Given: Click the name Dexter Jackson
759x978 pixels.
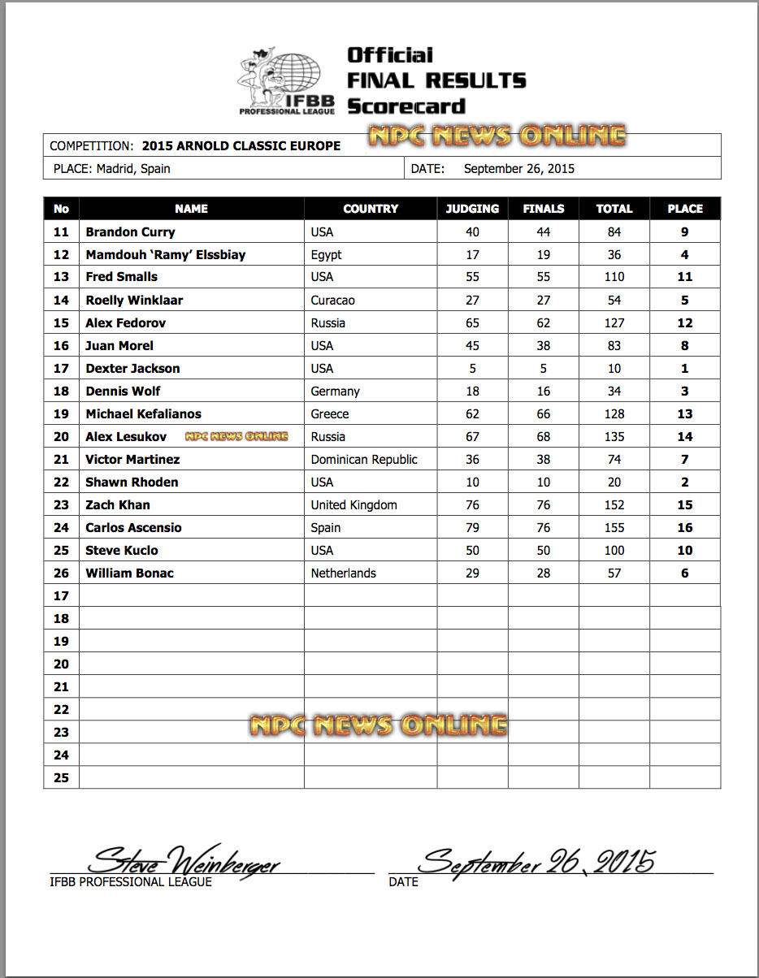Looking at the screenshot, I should tap(132, 368).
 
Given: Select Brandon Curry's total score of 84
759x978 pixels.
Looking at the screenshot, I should tap(614, 232).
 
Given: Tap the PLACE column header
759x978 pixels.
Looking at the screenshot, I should tap(684, 209).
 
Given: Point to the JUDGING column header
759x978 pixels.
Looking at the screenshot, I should tap(472, 209).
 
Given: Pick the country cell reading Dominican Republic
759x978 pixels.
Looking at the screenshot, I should tap(364, 459).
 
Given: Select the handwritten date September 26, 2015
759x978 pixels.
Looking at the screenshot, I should tap(537, 860).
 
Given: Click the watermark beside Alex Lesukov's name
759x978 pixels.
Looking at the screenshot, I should tap(236, 436).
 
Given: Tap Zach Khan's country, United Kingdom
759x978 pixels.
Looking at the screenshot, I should tap(353, 504).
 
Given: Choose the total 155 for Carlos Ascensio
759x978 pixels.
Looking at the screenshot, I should tap(614, 527).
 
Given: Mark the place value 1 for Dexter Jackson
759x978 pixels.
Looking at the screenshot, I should tap(684, 368).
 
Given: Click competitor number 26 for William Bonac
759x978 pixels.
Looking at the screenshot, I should tap(61, 573).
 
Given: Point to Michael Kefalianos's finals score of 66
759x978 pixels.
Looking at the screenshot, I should tap(543, 413).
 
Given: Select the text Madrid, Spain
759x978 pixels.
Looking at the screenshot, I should tap(133, 169).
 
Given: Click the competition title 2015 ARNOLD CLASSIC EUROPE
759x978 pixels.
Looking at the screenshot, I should tap(241, 146).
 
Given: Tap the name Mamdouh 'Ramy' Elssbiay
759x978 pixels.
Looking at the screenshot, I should tap(165, 254).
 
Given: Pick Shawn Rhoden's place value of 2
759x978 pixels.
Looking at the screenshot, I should tap(684, 482).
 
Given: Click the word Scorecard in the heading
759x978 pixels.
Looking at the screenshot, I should tap(406, 106).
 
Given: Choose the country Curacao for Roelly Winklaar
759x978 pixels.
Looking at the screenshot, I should tap(332, 300).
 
